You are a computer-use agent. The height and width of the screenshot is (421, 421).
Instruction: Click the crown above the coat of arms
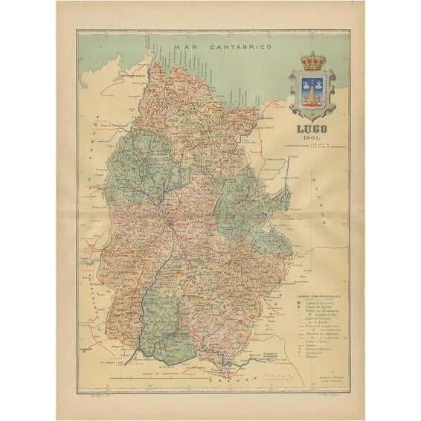[312, 61]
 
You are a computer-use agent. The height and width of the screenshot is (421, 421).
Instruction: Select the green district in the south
[164, 320]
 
